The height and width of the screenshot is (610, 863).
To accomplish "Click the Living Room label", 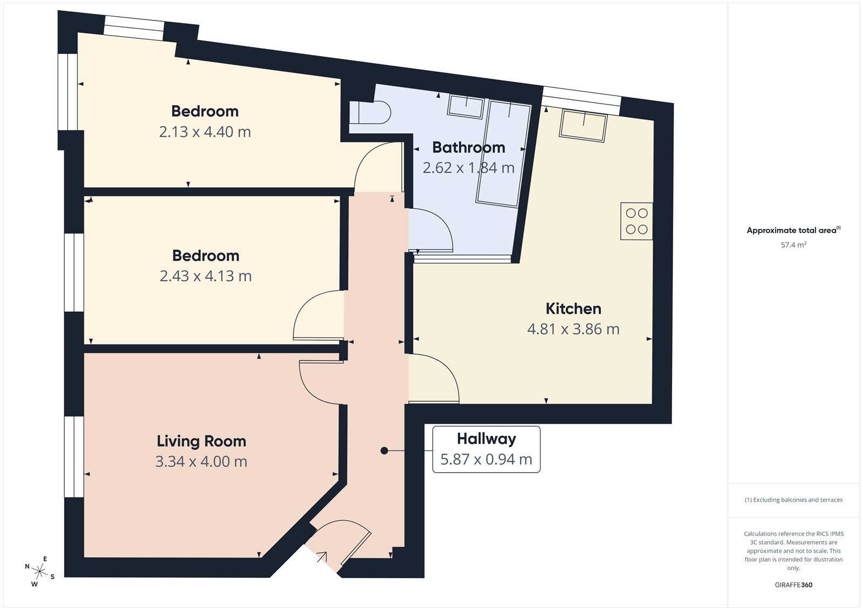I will tap(201, 441).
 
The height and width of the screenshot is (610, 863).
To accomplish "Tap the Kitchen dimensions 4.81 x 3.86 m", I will tap(573, 329).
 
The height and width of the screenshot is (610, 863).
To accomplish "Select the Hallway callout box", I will tap(486, 449).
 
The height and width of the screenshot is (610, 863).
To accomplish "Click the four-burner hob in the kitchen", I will tap(636, 221).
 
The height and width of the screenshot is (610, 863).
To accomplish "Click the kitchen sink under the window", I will tap(584, 126).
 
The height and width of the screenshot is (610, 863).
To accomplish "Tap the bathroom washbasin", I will tap(465, 106).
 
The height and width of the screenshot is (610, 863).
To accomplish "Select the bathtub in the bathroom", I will tap(503, 154).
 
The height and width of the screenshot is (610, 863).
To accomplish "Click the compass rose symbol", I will tap(39, 571).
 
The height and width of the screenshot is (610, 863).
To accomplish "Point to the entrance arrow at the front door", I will tap(322, 557).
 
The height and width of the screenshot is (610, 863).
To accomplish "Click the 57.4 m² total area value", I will tap(793, 245).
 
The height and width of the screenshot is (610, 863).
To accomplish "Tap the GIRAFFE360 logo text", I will tap(793, 585).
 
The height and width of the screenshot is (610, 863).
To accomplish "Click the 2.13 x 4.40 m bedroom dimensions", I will tap(205, 132).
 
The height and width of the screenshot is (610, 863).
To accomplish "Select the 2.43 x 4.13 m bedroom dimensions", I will tap(206, 276).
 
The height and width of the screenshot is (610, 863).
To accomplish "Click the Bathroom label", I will tap(468, 147).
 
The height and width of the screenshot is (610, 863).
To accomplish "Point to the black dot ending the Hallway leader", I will tap(384, 450).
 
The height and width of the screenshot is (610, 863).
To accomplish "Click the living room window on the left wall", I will tap(74, 456).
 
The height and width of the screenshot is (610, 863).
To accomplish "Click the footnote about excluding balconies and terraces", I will tap(793, 500).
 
